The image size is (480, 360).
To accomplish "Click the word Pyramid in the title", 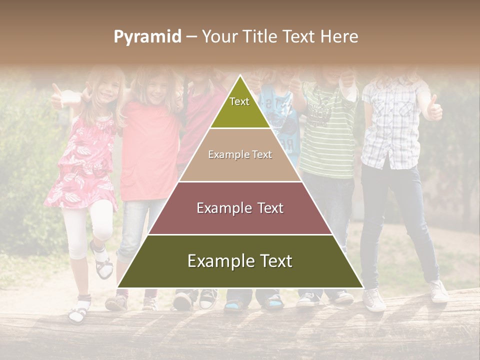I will point(147,37).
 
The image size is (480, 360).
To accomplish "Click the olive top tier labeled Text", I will point(240,108).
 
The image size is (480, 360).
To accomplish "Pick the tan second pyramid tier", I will point(240,155).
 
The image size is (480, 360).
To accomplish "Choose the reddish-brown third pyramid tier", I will point(240,208).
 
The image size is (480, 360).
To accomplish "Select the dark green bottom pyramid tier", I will point(240,261).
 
